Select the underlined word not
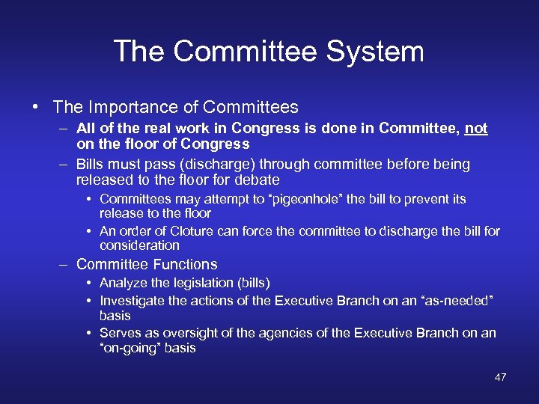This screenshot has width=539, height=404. click(476, 129)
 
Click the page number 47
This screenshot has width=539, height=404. click(501, 377)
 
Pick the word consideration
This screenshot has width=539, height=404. click(139, 245)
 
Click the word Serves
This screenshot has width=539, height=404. click(119, 333)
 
